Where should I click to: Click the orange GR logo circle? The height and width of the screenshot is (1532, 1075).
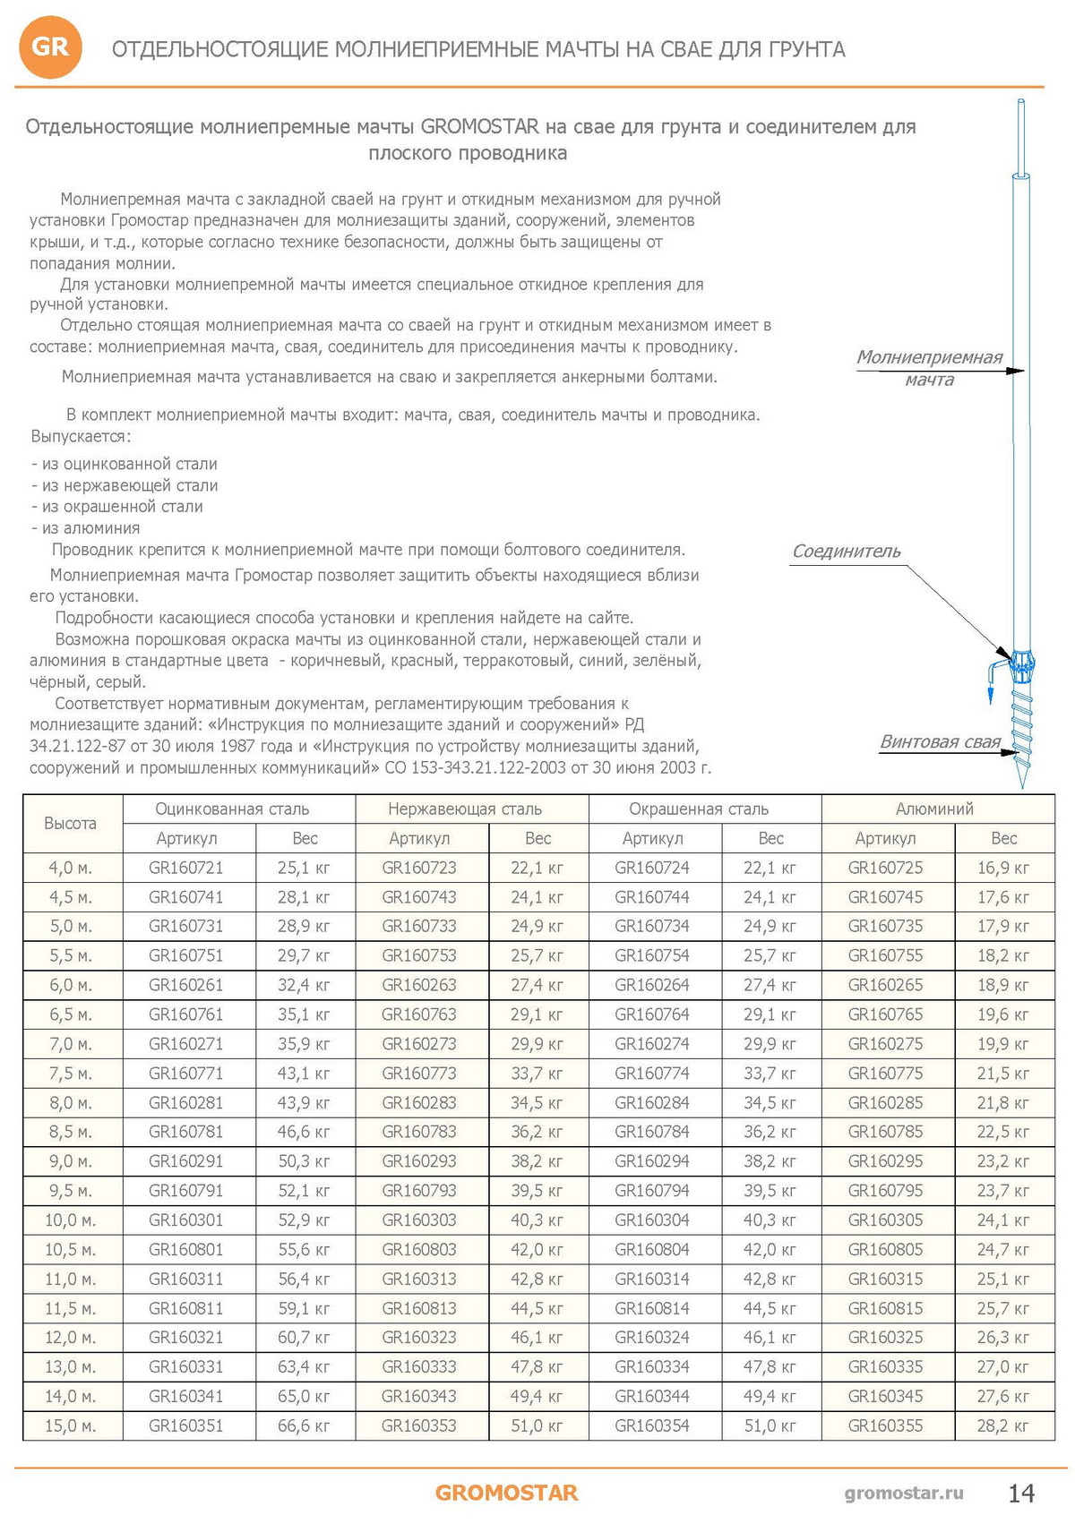[x=50, y=47]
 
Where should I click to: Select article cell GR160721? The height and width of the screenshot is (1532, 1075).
[x=186, y=868]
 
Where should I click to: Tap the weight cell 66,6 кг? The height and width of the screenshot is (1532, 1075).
[x=304, y=1425]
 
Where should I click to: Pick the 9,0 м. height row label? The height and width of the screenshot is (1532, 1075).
[x=71, y=1161]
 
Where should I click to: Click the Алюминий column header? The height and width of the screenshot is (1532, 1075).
[x=934, y=809]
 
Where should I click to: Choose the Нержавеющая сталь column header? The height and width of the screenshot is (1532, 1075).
[x=465, y=809]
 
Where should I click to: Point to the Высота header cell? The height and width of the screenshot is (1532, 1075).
[x=71, y=823]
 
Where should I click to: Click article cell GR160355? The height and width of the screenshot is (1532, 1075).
[x=885, y=1425]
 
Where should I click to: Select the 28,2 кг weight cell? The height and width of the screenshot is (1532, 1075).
[x=1003, y=1425]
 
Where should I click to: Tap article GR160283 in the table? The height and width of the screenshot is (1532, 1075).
[x=419, y=1102]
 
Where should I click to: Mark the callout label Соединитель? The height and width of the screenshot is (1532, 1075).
[x=846, y=552]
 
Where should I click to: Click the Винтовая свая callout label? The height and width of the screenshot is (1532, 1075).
[x=940, y=742]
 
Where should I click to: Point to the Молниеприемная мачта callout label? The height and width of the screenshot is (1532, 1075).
[x=929, y=368]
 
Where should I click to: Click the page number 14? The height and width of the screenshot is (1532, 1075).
[x=1021, y=1493]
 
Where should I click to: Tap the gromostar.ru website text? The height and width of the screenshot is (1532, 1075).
[x=904, y=1493]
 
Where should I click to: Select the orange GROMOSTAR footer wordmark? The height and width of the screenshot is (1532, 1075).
[x=506, y=1493]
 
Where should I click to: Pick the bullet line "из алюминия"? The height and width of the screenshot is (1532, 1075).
[x=86, y=528]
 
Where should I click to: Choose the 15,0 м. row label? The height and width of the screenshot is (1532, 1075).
[x=71, y=1425]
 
